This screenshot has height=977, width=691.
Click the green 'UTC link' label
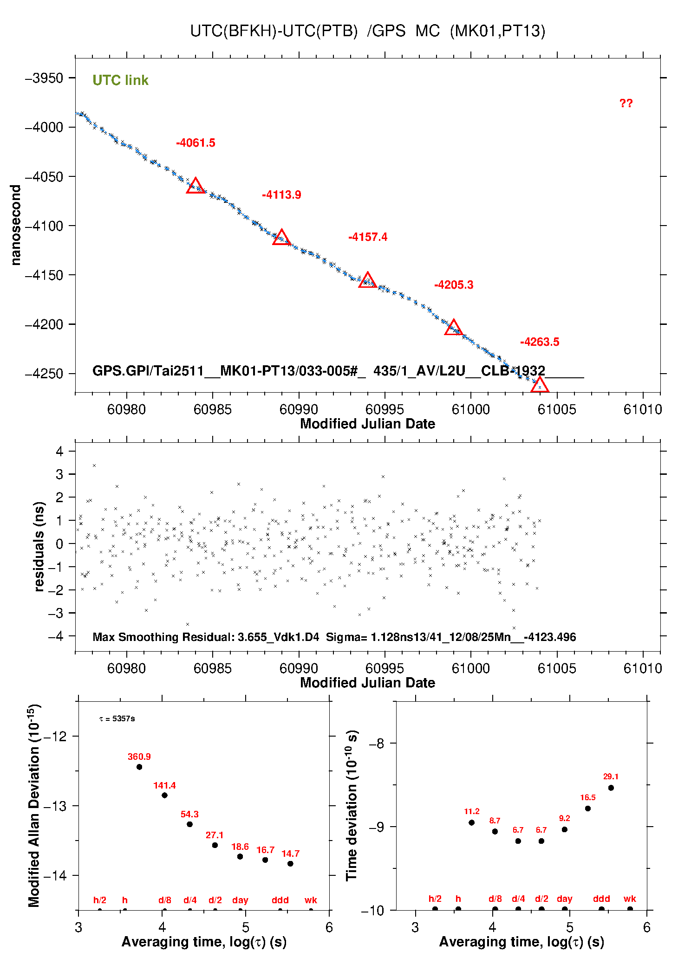click(x=120, y=80)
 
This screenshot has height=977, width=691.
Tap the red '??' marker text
click(x=626, y=104)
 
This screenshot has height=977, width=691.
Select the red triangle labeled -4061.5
click(x=196, y=186)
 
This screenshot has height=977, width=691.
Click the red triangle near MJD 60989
click(x=281, y=238)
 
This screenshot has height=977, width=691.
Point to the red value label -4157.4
click(x=368, y=237)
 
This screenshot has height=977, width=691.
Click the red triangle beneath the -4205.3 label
click(x=454, y=328)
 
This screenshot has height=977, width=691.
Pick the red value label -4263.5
click(x=540, y=342)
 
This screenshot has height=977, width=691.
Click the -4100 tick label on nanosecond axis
click(x=44, y=226)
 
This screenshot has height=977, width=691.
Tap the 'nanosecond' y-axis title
click(x=16, y=225)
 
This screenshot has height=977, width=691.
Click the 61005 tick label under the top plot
click(x=557, y=409)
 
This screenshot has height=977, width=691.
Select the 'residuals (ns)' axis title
click(x=39, y=546)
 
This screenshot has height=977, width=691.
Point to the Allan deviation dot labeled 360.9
click(x=139, y=767)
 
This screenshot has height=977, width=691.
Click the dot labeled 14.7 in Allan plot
click(x=290, y=864)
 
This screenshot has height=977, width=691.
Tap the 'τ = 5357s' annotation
click(x=117, y=719)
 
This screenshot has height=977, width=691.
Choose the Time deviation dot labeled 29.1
click(x=611, y=788)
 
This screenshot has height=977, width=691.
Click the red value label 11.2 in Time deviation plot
click(x=471, y=811)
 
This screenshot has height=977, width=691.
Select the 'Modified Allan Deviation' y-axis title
click(x=33, y=806)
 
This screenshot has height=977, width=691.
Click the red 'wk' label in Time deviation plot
click(x=630, y=899)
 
